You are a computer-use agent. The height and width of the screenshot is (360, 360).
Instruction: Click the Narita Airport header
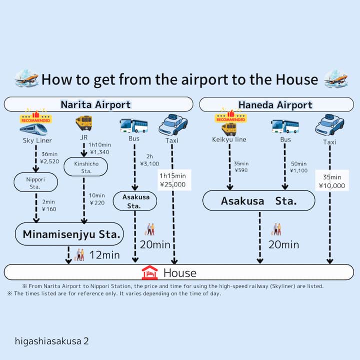click(x=95, y=104)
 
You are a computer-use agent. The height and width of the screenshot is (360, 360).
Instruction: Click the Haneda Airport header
click(x=276, y=104)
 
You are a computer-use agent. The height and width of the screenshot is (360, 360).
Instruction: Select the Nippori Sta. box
click(x=35, y=182)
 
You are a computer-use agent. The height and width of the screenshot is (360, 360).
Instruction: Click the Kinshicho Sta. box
click(x=86, y=166)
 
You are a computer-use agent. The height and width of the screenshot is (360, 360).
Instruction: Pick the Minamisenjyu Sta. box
click(x=69, y=234)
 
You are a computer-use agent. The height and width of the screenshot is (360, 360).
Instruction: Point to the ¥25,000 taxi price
click(x=172, y=184)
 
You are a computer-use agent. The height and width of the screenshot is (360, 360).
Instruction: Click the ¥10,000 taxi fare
click(x=331, y=185)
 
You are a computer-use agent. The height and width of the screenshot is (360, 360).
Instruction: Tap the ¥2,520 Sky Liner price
click(x=50, y=161)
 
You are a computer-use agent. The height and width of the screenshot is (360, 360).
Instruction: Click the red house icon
click(x=149, y=272)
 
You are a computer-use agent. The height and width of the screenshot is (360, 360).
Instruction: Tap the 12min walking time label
click(x=104, y=255)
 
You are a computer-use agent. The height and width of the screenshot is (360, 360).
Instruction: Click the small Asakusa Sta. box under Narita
click(x=135, y=201)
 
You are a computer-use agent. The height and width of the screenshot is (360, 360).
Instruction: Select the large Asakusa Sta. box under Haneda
click(x=258, y=201)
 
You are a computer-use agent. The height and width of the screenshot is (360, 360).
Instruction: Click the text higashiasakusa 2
click(x=52, y=341)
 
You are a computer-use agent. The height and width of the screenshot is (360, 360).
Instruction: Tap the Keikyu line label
click(x=229, y=139)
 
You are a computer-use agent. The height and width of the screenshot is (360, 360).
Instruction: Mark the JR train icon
click(x=83, y=123)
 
